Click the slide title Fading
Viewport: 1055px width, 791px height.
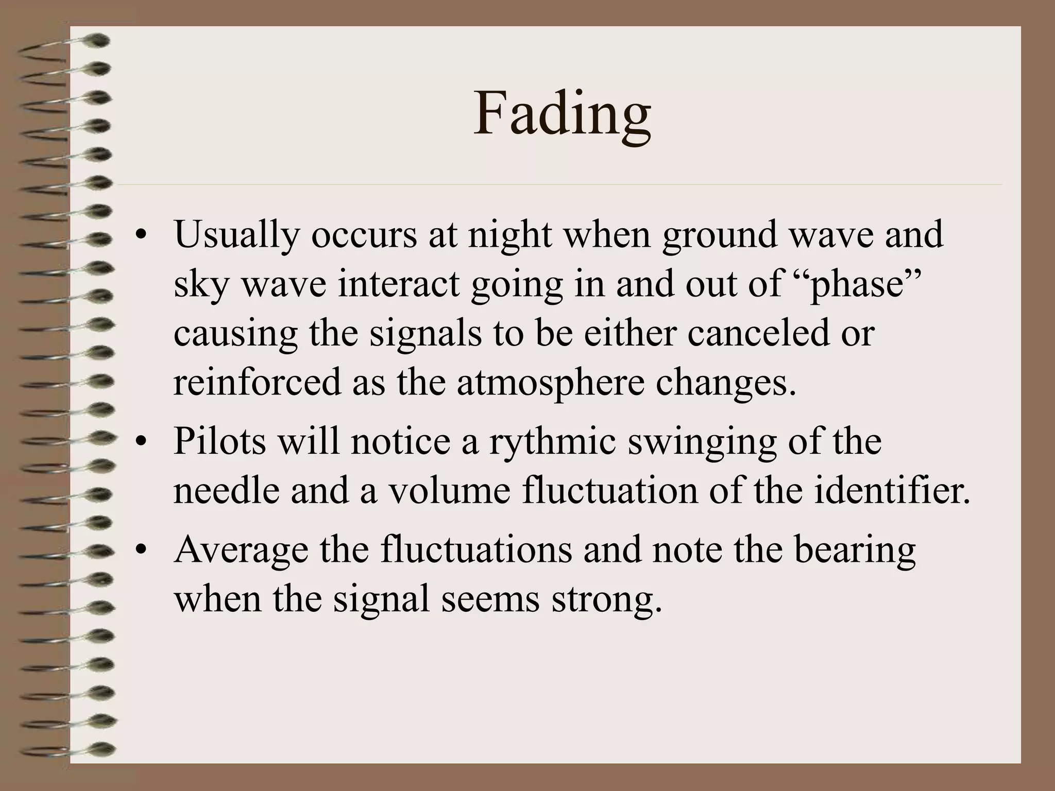(562, 114)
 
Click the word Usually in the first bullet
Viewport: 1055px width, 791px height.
(236, 235)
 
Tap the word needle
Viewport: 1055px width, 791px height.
(226, 490)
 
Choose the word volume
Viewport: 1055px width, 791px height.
(449, 490)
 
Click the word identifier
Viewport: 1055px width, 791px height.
(893, 490)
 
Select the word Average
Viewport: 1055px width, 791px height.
(242, 550)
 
